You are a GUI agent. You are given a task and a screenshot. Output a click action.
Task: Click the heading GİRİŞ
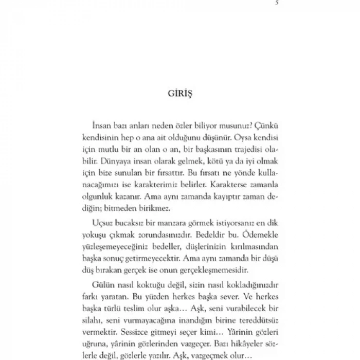tap(179, 95)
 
